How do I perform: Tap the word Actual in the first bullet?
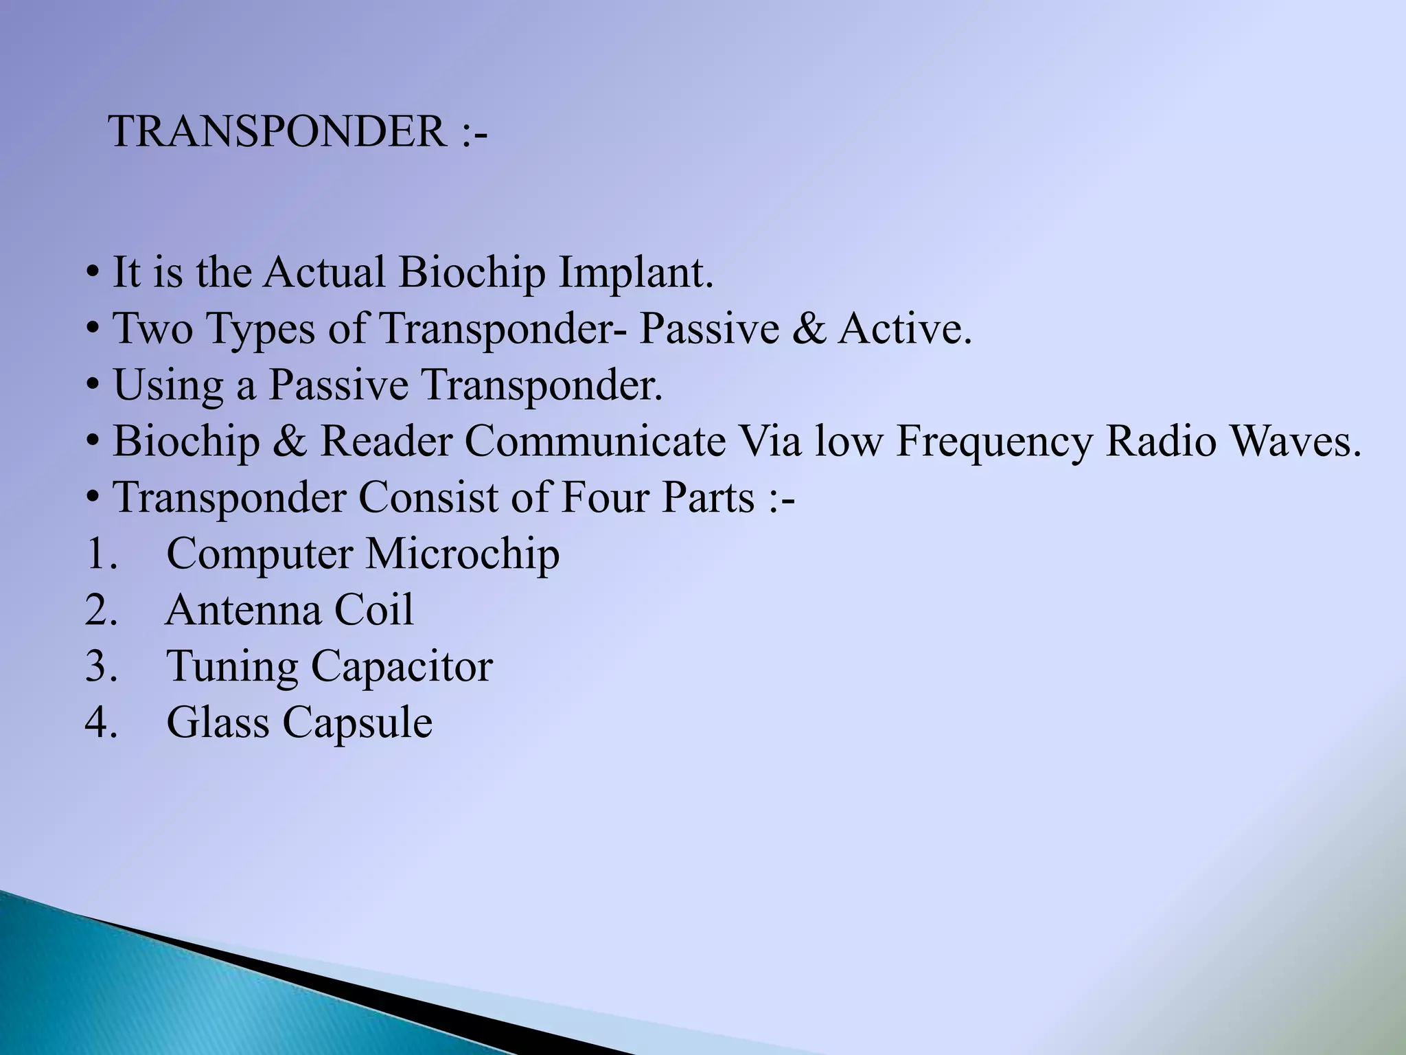[325, 272]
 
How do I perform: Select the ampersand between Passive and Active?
[808, 328]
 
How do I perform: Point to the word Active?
[905, 328]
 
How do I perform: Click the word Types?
[261, 330]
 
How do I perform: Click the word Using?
[168, 386]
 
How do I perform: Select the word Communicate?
[595, 441]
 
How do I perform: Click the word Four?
[604, 497]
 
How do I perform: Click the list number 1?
[100, 554]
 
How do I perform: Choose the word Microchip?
[462, 555]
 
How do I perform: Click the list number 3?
[100, 666]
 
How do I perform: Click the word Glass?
[218, 723]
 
